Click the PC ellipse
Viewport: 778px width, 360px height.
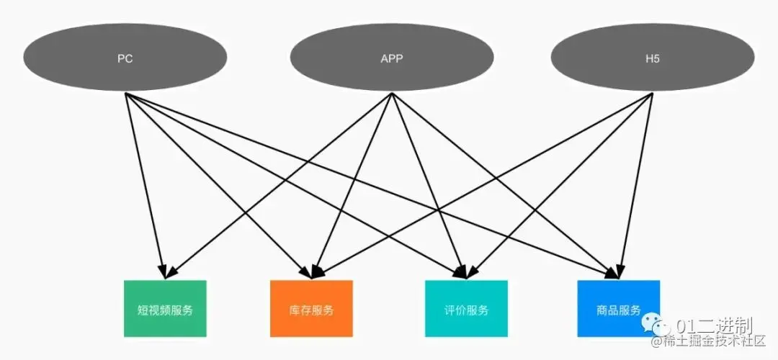click(x=125, y=58)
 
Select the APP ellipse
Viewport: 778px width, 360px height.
click(x=391, y=58)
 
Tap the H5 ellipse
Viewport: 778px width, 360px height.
click(x=653, y=58)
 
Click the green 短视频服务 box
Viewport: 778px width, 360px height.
click(x=165, y=309)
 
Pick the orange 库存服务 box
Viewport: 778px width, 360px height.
click(x=311, y=310)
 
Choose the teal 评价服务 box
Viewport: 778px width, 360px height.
click(x=466, y=310)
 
